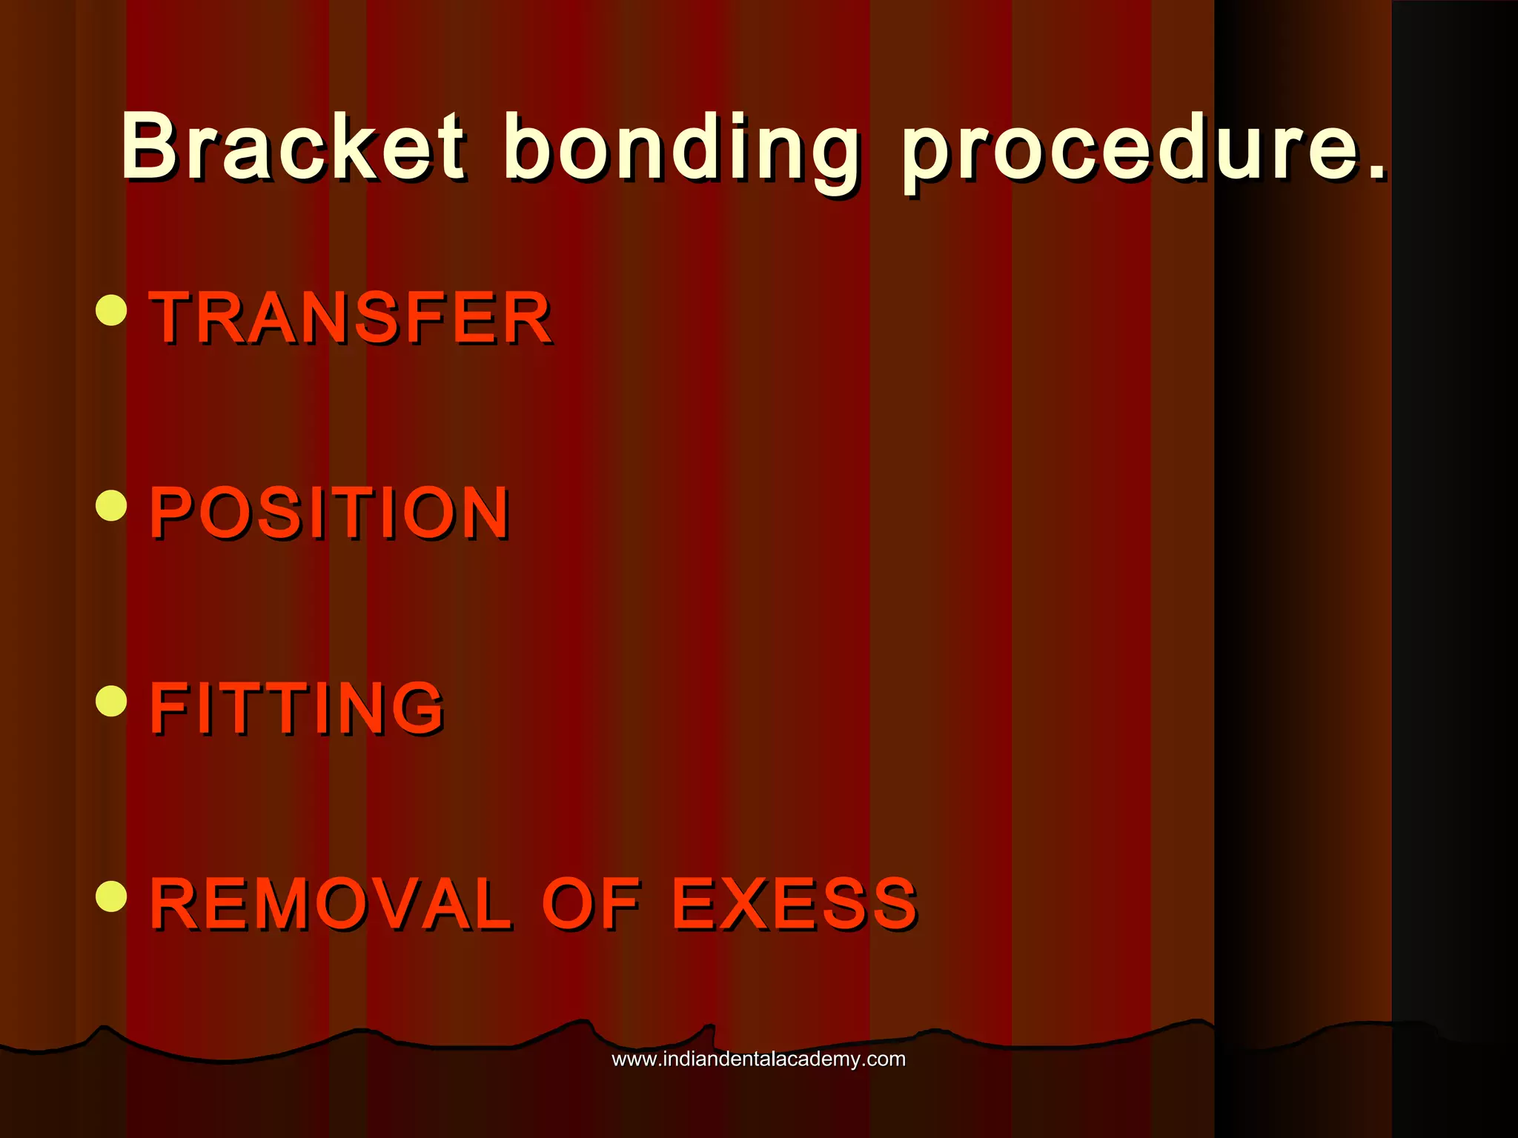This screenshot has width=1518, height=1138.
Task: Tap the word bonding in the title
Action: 682,148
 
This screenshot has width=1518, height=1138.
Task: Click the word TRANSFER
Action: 351,318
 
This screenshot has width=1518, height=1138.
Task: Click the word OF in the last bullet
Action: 591,903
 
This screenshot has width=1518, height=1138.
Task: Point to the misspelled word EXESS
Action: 795,903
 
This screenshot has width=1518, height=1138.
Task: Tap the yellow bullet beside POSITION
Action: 112,505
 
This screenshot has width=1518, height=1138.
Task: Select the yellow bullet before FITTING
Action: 112,700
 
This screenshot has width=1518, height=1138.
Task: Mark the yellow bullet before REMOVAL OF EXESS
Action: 112,895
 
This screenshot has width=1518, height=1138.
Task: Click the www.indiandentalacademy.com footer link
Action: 758,1059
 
